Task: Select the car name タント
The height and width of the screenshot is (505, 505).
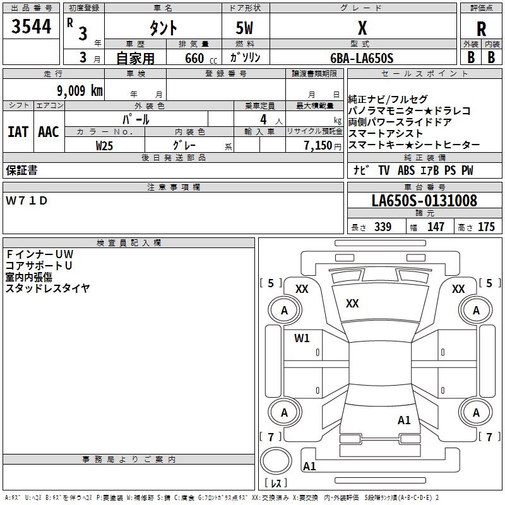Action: click(162, 28)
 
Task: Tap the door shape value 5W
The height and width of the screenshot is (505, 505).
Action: click(245, 28)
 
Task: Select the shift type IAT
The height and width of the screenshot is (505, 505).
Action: click(18, 131)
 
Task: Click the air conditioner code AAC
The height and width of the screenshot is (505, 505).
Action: click(49, 131)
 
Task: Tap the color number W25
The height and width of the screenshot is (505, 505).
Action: click(104, 145)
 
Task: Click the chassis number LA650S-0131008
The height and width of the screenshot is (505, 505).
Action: click(424, 201)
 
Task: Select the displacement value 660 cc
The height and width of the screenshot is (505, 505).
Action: click(190, 58)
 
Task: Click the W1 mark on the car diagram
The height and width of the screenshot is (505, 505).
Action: click(302, 338)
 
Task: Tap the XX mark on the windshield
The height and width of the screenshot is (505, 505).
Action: click(352, 304)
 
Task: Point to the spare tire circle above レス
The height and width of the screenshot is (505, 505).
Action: click(275, 461)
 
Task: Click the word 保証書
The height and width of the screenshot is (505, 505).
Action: click(21, 170)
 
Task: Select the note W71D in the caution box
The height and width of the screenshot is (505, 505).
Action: click(27, 201)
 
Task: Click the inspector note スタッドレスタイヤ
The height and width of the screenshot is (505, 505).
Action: click(48, 288)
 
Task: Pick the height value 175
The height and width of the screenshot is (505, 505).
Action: click(486, 227)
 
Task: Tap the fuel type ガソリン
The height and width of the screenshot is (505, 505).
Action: click(245, 58)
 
